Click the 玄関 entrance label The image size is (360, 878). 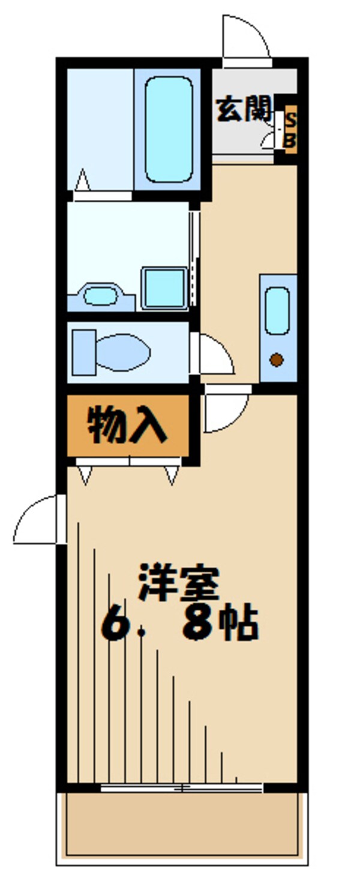[x=242, y=109]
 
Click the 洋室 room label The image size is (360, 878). [x=180, y=582]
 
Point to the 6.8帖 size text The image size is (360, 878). [x=180, y=625]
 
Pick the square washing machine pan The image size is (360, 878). [x=164, y=289]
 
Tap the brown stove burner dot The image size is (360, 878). [x=277, y=360]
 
